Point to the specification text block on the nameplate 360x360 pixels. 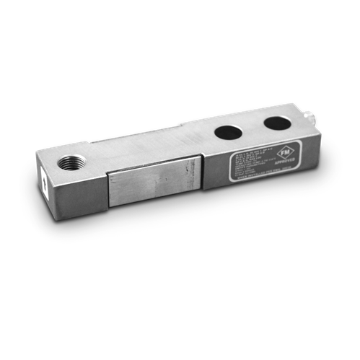245,163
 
